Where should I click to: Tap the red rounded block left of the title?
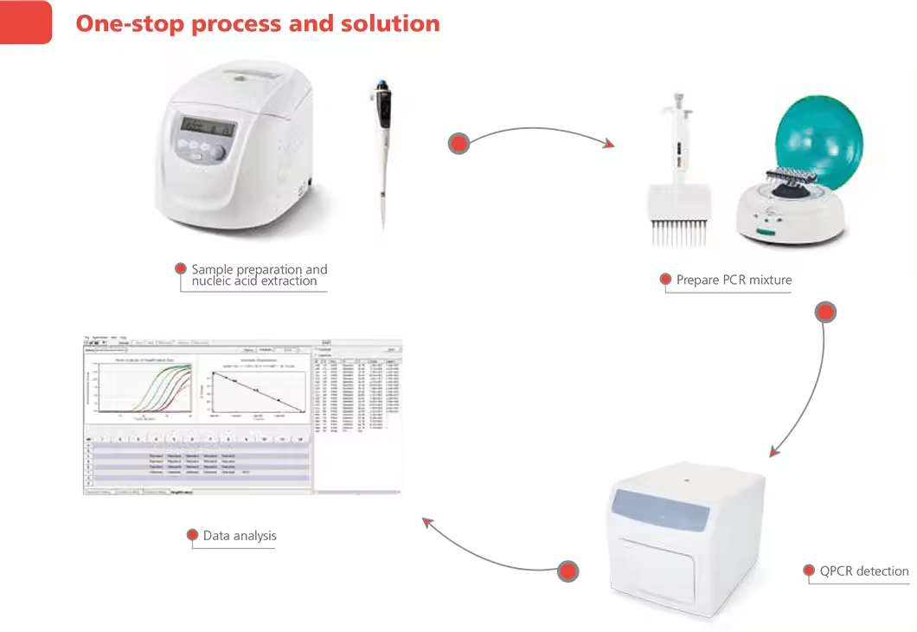coord(25,22)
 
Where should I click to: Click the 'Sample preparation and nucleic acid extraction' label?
coord(259,275)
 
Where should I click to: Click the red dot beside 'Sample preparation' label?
coord(181,268)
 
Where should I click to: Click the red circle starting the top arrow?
coord(458,144)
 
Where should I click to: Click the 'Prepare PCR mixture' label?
coord(734,280)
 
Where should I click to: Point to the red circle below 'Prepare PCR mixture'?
coord(826,313)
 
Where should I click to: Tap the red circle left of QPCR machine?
coord(568,571)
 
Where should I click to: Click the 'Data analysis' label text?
coord(240,535)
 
